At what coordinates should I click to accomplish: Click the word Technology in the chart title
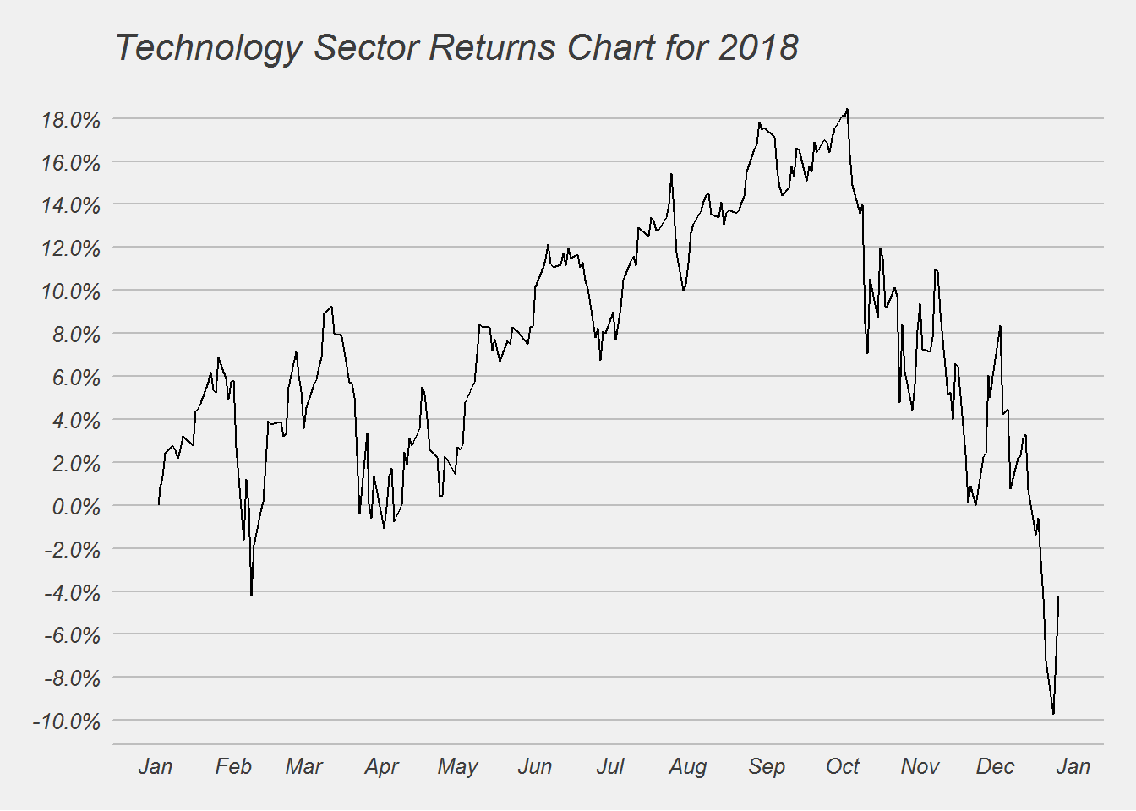(x=207, y=48)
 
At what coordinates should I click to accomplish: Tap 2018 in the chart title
(x=758, y=48)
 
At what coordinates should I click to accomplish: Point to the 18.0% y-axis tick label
(x=71, y=120)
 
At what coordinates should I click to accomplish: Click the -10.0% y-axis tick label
(x=67, y=721)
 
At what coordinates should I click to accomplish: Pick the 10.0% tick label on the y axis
(x=71, y=291)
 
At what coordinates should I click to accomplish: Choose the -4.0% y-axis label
(x=72, y=592)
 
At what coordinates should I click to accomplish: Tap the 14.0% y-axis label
(x=71, y=205)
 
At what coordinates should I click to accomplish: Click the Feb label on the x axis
(x=233, y=766)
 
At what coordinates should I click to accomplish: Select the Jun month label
(x=534, y=766)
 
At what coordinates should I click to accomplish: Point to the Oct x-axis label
(x=843, y=766)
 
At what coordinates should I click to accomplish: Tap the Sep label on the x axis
(x=767, y=766)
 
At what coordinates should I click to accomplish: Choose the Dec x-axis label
(x=995, y=766)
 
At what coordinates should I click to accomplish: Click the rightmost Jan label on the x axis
(x=1073, y=766)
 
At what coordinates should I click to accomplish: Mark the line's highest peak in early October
(x=847, y=109)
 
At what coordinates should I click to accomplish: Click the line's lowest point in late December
(x=1053, y=714)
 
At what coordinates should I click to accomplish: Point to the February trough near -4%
(x=251, y=596)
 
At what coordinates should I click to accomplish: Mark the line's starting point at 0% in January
(x=159, y=505)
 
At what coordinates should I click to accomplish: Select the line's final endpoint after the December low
(x=1058, y=597)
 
